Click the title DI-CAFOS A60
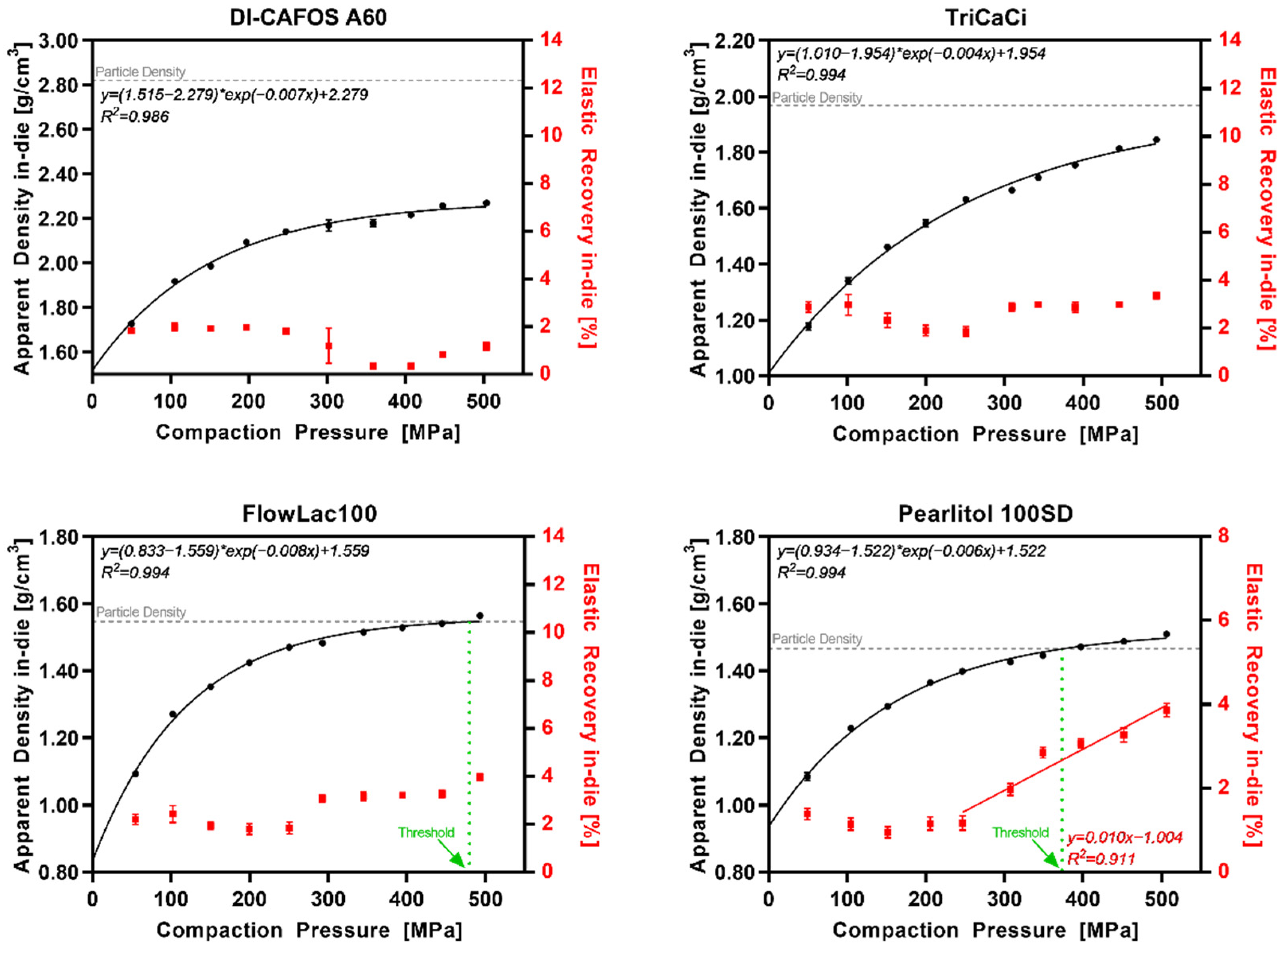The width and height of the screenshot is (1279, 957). (308, 18)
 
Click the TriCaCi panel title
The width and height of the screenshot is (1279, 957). (986, 18)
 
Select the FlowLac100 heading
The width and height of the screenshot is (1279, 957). (309, 513)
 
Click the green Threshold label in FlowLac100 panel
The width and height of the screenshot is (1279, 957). (426, 832)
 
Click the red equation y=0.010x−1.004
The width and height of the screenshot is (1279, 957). (1125, 837)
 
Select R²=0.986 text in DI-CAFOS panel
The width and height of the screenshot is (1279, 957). (135, 116)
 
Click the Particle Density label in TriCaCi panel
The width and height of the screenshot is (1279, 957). (817, 97)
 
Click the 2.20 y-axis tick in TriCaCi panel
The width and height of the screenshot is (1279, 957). (734, 41)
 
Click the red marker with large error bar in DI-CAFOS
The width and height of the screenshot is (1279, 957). (328, 345)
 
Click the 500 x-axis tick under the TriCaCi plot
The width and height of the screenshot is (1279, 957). (1161, 403)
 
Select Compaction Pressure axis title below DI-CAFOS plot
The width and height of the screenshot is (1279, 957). (308, 432)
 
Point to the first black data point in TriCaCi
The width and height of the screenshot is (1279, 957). (808, 326)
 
